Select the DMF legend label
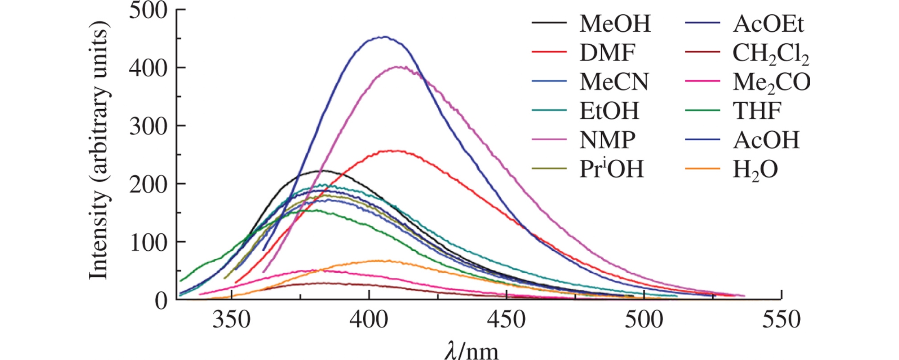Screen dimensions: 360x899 tap(607, 53)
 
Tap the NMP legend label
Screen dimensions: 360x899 tap(607, 140)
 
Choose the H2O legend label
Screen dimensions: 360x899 tap(755, 170)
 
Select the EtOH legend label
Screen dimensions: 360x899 tap(609, 111)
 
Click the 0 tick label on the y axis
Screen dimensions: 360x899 tap(161, 301)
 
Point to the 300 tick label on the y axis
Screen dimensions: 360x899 tap(148, 126)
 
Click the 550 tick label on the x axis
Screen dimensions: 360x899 tap(781, 320)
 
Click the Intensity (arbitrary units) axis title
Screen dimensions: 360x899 tap(99, 154)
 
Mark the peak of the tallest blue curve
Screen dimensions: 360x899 tap(383, 37)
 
